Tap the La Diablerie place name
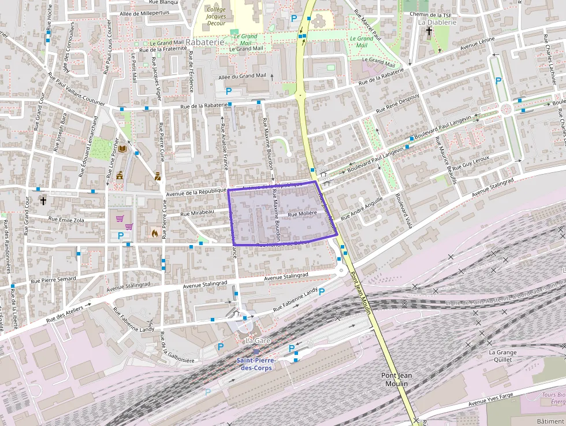click(437, 23)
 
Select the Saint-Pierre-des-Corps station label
click(256, 365)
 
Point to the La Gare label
click(258, 341)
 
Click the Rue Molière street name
click(302, 214)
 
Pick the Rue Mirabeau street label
click(197, 213)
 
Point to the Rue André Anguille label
click(362, 209)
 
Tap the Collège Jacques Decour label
click(216, 17)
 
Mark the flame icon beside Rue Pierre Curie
click(154, 233)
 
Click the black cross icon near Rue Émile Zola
click(43, 201)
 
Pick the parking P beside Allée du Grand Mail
click(229, 91)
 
